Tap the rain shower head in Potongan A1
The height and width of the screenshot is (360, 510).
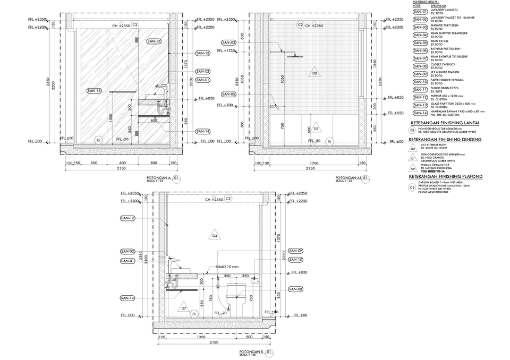(292, 54)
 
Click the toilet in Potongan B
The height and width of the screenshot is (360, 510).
(234, 295)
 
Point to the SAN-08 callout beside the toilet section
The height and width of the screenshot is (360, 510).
(296, 289)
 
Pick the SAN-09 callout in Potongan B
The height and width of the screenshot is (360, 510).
(296, 251)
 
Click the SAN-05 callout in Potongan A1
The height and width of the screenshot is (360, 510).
(229, 94)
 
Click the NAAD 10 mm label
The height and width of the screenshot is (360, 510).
(227, 267)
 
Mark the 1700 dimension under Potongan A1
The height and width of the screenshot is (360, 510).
(314, 164)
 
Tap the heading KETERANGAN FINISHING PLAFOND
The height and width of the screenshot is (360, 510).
(446, 176)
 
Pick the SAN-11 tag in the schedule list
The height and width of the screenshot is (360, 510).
(420, 90)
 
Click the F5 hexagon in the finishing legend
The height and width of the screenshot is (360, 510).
(413, 130)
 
